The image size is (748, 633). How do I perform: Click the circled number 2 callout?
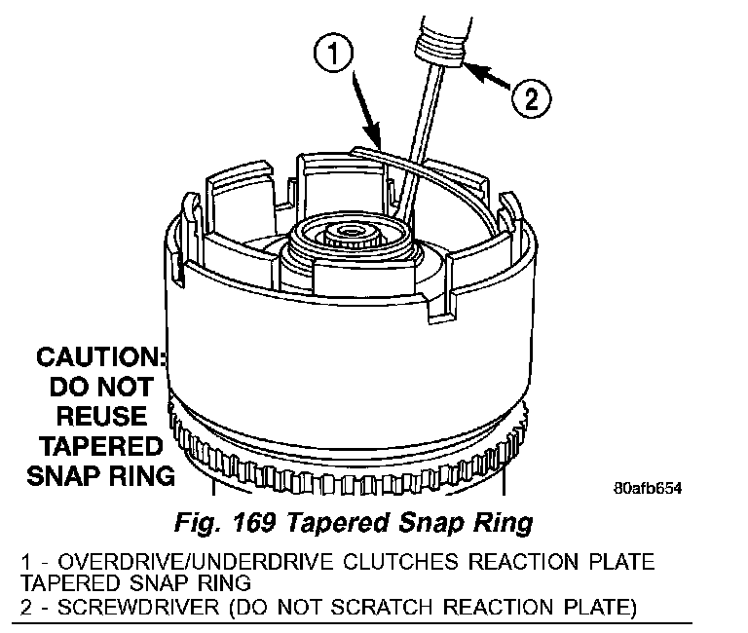point(531,96)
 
